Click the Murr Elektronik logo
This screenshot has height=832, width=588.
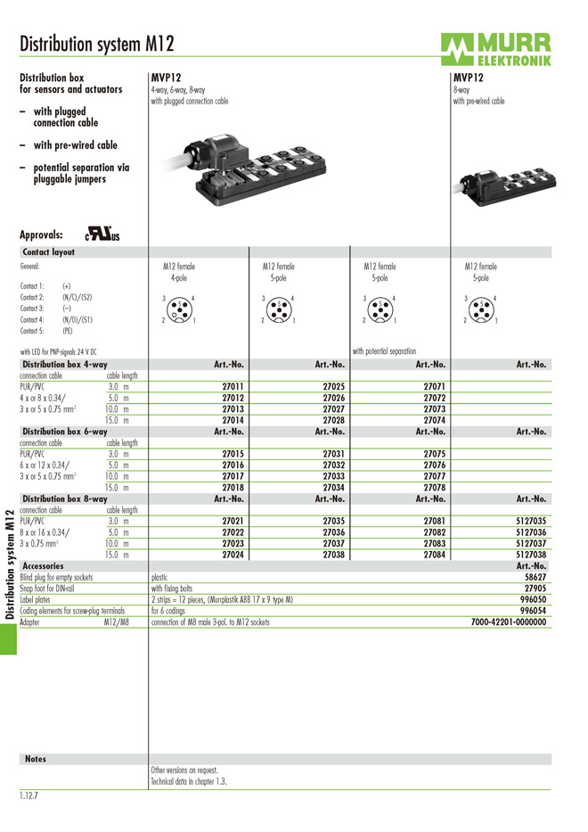pyautogui.click(x=494, y=49)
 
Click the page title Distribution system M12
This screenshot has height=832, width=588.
pyautogui.click(x=97, y=44)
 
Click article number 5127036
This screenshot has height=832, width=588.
pyautogui.click(x=531, y=532)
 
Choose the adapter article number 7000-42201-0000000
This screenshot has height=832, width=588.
pyautogui.click(x=509, y=622)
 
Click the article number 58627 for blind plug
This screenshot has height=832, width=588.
pyautogui.click(x=535, y=577)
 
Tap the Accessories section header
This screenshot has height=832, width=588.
pyautogui.click(x=43, y=565)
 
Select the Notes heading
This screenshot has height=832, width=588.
pyautogui.click(x=36, y=759)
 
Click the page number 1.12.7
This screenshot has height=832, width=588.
pyautogui.click(x=33, y=795)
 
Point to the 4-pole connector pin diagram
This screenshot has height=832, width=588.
pyautogui.click(x=179, y=308)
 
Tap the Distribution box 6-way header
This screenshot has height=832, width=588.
pyautogui.click(x=64, y=432)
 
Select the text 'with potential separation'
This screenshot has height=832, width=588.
pyautogui.click(x=385, y=351)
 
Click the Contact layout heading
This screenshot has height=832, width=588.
pyautogui.click(x=49, y=252)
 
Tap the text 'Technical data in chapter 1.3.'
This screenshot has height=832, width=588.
pyautogui.click(x=189, y=781)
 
